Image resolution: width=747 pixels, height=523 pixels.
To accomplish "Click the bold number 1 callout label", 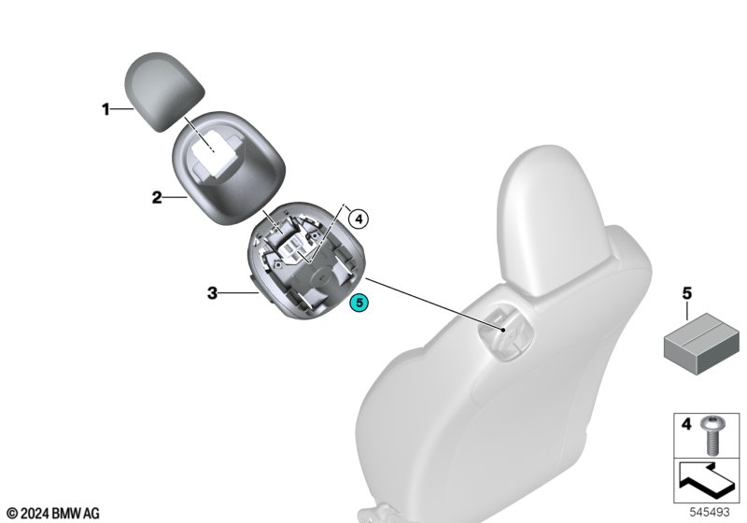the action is coord(106,109).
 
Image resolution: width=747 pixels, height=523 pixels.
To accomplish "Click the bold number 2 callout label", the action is coord(157,197).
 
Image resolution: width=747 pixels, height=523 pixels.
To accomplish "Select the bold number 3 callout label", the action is coord(212,293).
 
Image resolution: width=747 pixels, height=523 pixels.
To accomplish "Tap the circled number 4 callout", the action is coord(359,219).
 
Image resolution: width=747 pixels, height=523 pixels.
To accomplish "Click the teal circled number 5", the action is coord(359,303).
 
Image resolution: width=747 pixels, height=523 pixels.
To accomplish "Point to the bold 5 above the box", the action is coord(686,293).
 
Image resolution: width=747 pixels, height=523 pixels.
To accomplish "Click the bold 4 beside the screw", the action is coord(686,423).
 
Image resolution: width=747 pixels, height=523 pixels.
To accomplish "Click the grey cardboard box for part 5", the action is coord(701,343).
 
